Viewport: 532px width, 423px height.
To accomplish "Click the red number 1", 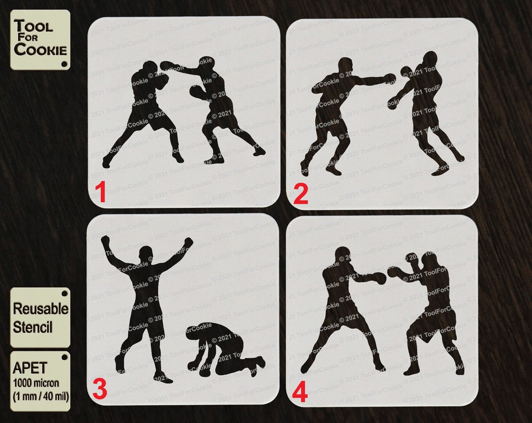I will click(100, 193).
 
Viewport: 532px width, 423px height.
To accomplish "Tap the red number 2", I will click(300, 194).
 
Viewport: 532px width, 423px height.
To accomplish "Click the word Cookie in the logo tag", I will click(40, 49).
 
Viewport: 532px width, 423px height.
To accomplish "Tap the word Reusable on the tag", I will click(40, 309).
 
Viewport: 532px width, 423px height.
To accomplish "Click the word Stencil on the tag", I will click(33, 327).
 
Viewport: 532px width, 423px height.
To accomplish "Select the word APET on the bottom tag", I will click(30, 368).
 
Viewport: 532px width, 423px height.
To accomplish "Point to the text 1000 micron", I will click(36, 383).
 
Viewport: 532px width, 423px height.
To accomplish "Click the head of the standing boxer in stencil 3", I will click(145, 254).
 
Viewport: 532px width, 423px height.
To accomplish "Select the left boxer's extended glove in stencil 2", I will click(390, 78).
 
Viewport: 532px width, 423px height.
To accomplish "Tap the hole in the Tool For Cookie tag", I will click(65, 64).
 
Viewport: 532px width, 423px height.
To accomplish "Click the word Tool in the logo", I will click(33, 26).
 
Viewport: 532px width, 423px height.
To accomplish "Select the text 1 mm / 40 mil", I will click(39, 396).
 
